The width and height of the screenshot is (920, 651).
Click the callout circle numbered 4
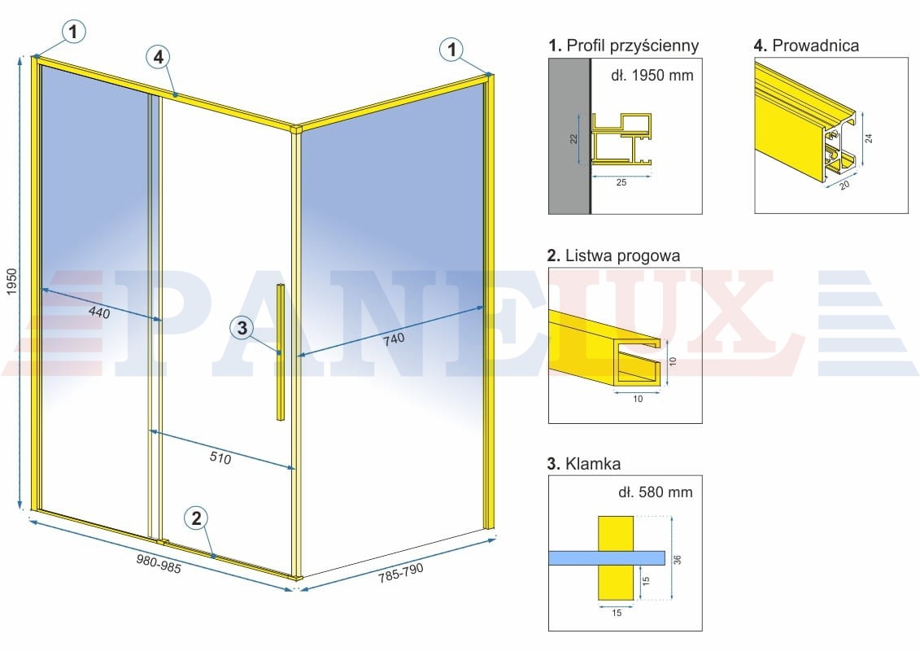click(x=159, y=57)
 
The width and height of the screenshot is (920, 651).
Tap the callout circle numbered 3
click(x=242, y=328)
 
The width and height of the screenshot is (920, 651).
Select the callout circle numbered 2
click(x=197, y=518)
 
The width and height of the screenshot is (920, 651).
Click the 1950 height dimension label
click(x=11, y=282)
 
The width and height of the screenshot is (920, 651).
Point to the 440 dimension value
click(x=99, y=312)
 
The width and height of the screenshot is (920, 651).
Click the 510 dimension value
click(x=220, y=457)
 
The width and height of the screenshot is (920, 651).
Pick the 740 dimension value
click(x=394, y=339)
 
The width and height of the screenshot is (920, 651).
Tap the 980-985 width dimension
click(x=159, y=564)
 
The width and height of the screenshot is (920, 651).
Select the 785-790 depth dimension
click(x=401, y=573)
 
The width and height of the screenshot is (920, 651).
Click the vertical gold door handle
click(x=281, y=352)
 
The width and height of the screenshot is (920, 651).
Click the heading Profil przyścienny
click(x=624, y=46)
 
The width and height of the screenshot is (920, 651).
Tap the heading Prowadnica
click(x=807, y=46)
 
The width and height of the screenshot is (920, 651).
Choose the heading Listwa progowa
click(x=613, y=256)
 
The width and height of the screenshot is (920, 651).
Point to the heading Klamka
click(x=584, y=464)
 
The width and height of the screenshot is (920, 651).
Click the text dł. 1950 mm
click(x=652, y=75)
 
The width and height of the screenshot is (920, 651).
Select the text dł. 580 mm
click(x=656, y=492)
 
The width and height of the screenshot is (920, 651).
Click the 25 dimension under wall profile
click(x=621, y=182)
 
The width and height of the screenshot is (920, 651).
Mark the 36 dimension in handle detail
click(x=678, y=559)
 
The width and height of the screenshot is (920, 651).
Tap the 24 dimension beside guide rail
click(x=869, y=138)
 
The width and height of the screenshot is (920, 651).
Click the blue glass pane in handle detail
click(x=607, y=557)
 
